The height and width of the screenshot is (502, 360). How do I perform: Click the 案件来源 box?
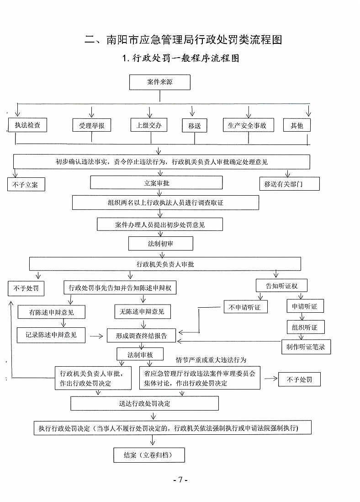(160, 83)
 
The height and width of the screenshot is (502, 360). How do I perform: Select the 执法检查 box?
(28, 125)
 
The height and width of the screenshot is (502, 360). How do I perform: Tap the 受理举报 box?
(92, 125)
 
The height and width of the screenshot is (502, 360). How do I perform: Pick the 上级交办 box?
(148, 125)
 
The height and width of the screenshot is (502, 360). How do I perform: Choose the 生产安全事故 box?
(248, 125)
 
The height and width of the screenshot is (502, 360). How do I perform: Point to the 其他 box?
(297, 125)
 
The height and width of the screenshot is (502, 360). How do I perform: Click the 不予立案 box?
(26, 185)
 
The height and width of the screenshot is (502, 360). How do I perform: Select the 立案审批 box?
(156, 183)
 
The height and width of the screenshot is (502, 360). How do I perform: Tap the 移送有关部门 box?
(289, 184)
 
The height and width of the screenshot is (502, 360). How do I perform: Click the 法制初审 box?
(161, 244)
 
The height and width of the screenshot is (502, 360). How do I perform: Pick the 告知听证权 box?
(281, 286)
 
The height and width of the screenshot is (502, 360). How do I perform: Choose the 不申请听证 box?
(245, 307)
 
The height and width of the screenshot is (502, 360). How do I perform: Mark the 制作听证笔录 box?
(306, 347)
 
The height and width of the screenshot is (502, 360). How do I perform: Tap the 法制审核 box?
(141, 354)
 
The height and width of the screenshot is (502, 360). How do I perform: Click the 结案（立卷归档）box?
(149, 455)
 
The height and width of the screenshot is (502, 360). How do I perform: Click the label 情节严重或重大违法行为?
(211, 360)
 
